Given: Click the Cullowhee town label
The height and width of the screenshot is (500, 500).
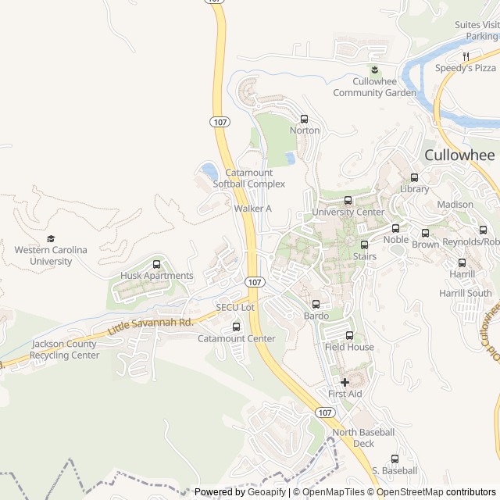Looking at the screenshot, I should click(x=459, y=155).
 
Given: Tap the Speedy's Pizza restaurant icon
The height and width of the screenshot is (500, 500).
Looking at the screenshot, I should click(x=466, y=56).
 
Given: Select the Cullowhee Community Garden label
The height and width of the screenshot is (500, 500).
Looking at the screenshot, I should click(x=374, y=87).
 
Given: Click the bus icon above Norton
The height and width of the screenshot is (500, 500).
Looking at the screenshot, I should click(x=305, y=119).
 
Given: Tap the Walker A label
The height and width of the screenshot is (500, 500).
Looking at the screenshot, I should click(x=252, y=209).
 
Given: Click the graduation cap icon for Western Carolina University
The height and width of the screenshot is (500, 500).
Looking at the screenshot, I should click(x=52, y=239).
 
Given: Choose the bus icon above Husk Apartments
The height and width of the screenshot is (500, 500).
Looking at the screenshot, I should click(x=157, y=264).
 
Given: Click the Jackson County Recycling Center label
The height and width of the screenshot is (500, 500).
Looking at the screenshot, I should click(x=66, y=349).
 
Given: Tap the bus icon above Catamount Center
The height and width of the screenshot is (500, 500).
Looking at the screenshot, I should click(x=237, y=327).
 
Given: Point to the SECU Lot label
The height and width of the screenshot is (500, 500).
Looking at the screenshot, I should click(x=235, y=308).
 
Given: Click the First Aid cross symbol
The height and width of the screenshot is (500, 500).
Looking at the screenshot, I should click(x=345, y=382).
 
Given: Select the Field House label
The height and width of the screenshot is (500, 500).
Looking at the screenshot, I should click(x=349, y=347).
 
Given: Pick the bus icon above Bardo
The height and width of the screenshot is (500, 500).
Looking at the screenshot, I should click(x=316, y=304).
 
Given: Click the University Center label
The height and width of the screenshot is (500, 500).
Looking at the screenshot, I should click(x=348, y=212).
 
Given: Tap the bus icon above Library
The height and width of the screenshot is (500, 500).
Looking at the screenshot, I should click(x=415, y=177).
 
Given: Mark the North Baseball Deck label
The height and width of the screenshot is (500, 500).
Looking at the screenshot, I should click(x=363, y=437).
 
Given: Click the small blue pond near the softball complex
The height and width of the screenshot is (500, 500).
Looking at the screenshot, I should click(x=209, y=170).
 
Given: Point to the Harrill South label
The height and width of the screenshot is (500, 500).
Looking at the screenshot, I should click(x=466, y=294).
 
